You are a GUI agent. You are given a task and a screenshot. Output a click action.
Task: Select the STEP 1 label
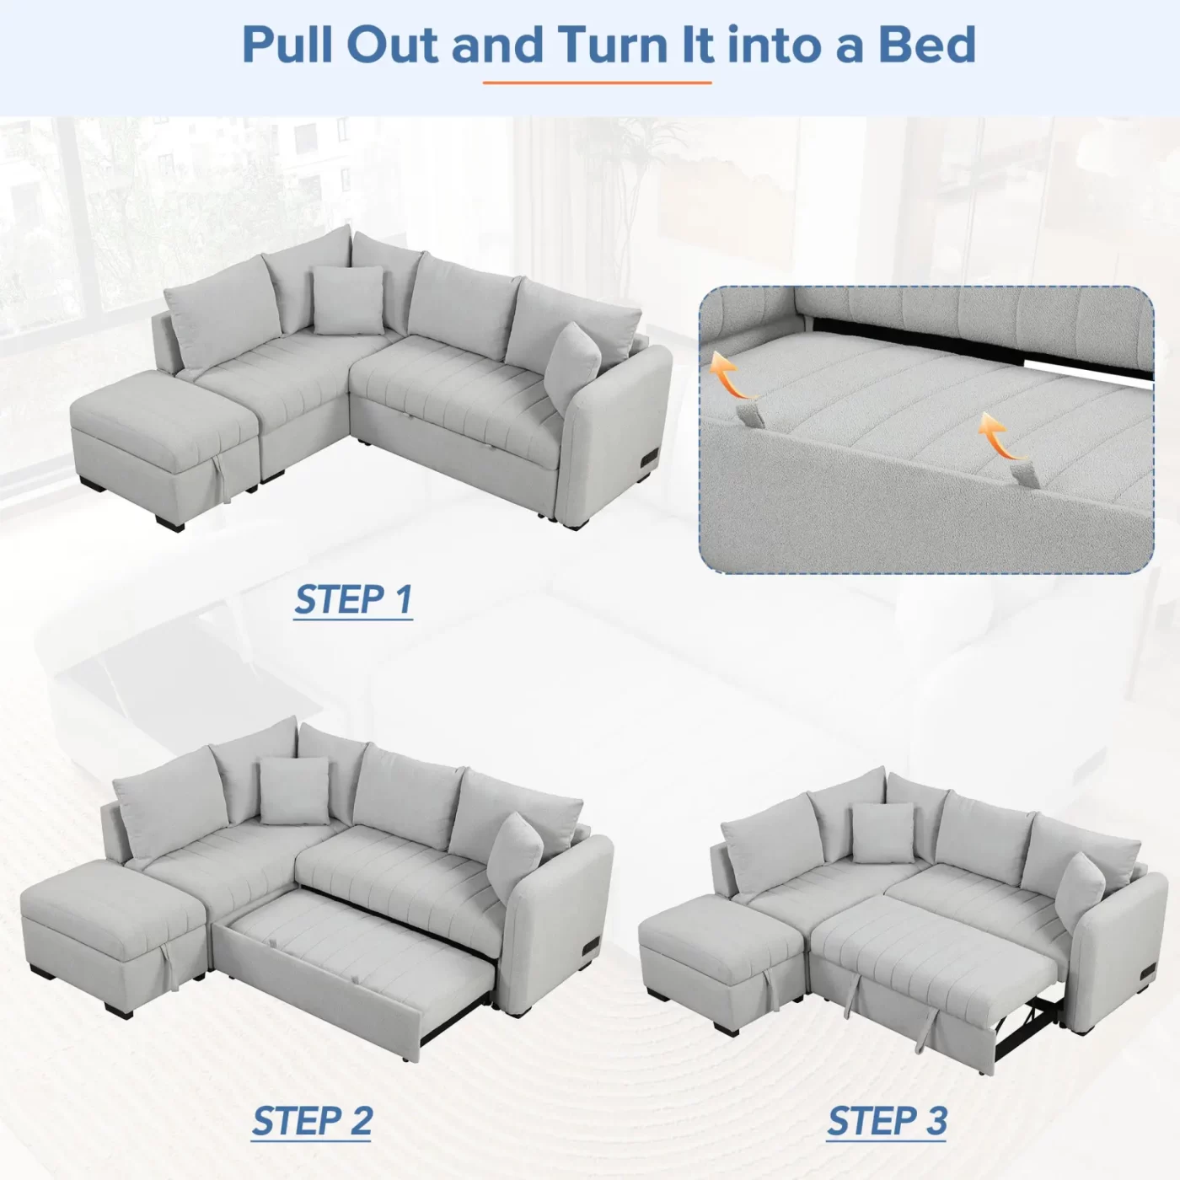pos(353,600)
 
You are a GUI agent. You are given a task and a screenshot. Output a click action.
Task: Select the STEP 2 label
pos(312,1121)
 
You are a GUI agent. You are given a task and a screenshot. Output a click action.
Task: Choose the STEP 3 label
pos(887,1121)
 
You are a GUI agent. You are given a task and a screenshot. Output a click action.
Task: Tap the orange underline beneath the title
pos(597,83)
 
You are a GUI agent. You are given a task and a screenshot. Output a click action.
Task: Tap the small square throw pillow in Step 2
pos(293,789)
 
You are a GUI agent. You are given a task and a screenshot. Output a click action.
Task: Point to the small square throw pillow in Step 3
pos(882,830)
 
